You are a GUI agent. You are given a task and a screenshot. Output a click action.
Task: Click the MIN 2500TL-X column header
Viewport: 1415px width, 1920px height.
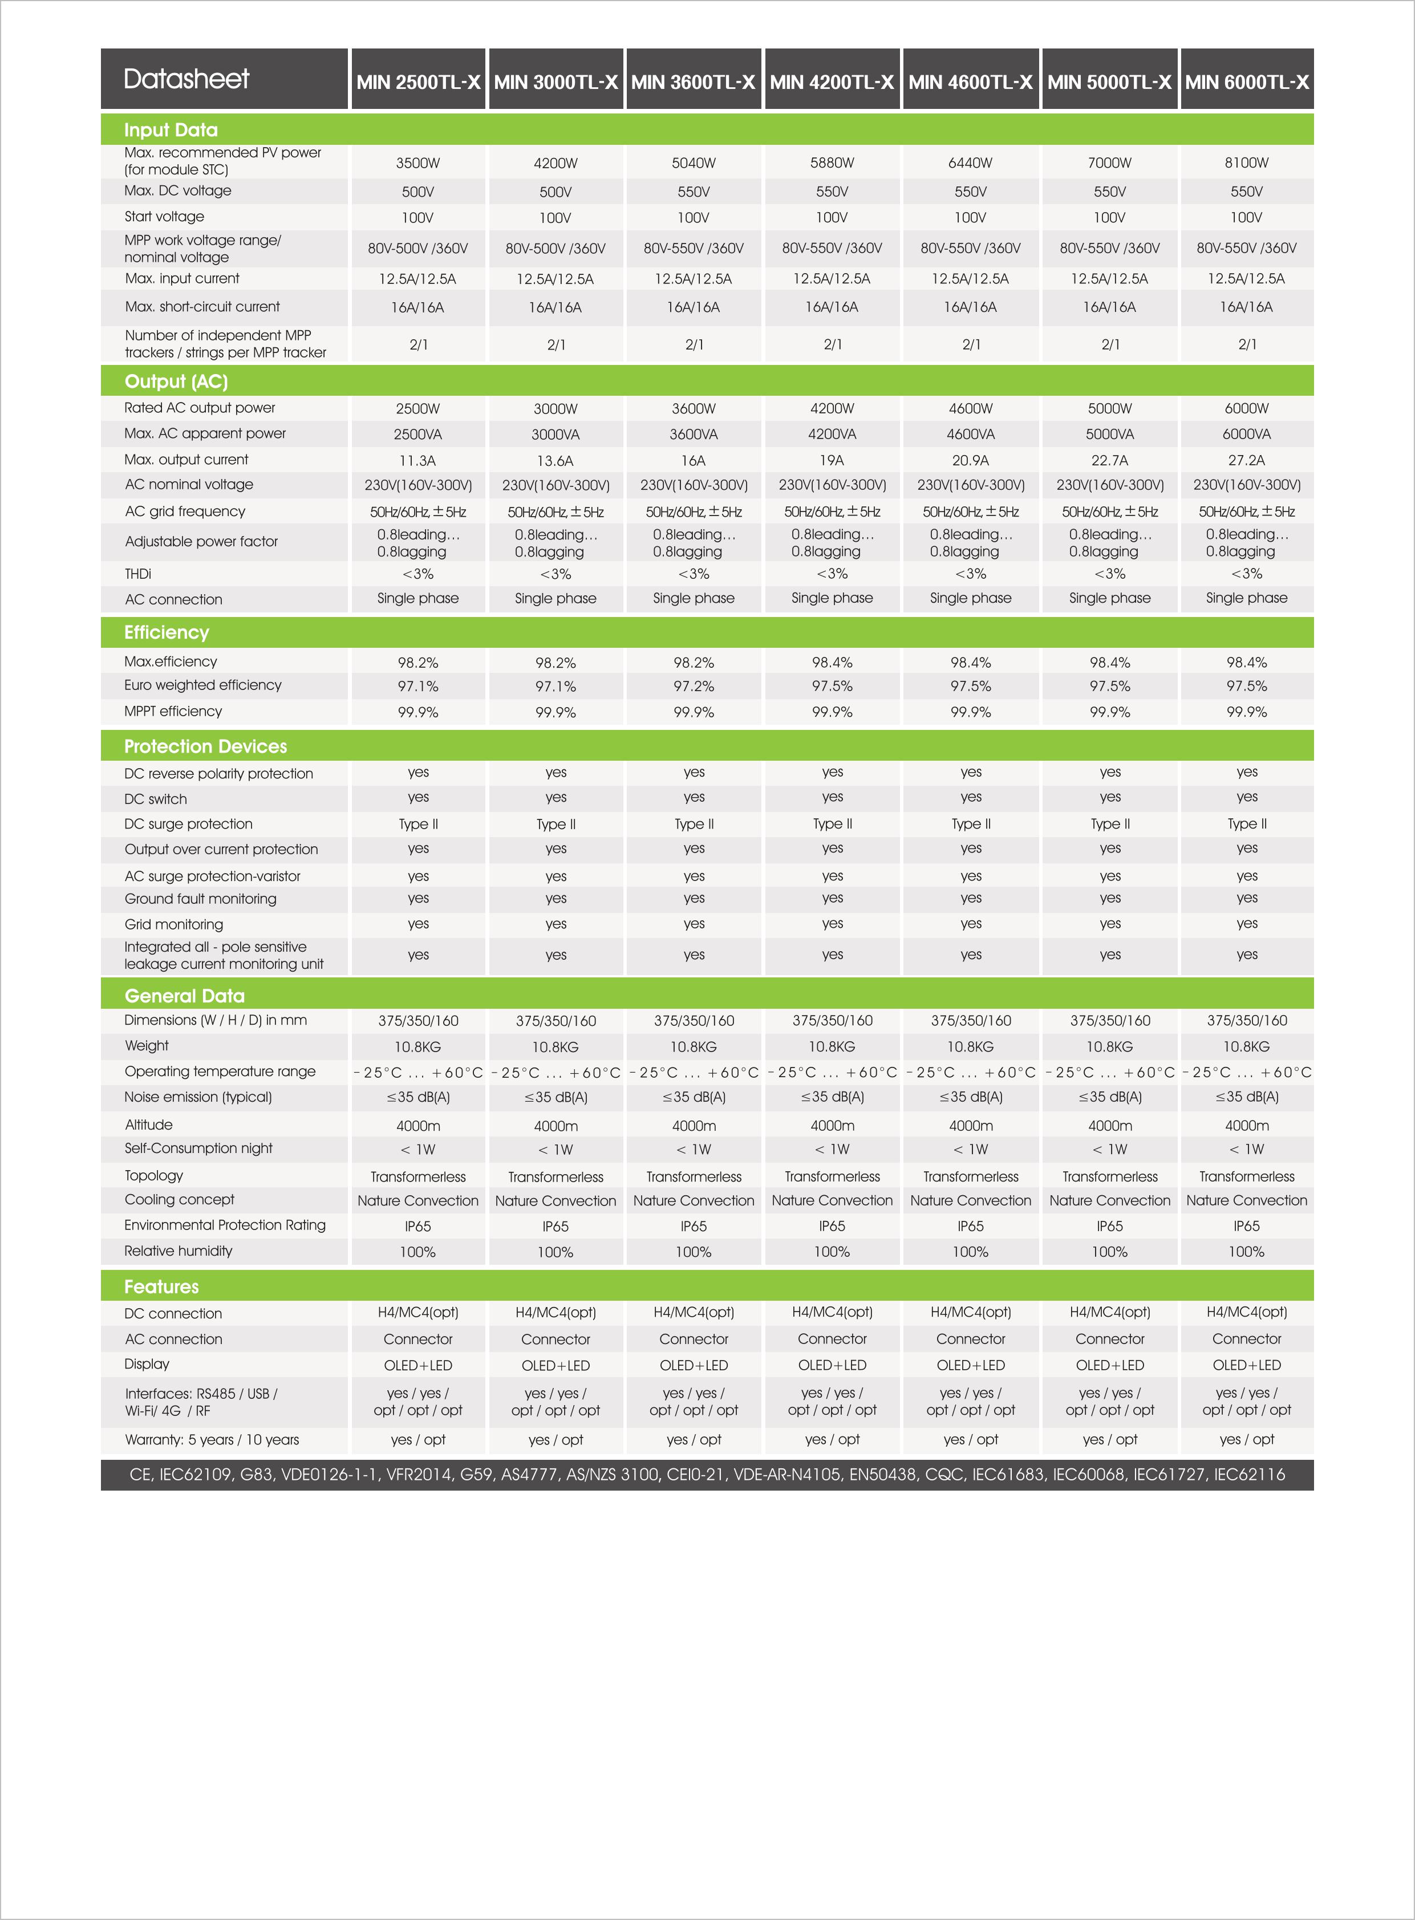pos(418,82)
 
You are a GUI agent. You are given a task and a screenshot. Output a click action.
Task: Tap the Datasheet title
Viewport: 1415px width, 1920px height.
pos(186,79)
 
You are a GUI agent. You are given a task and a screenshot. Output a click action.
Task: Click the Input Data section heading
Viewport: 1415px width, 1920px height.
pos(171,130)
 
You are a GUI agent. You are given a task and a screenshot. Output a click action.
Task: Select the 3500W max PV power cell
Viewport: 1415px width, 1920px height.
pos(418,163)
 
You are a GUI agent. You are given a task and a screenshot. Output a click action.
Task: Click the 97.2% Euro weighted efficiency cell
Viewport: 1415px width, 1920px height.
pos(694,687)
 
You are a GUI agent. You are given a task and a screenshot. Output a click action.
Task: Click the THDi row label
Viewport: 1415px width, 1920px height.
pos(138,574)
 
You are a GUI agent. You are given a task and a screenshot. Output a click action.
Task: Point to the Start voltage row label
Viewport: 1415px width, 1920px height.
pos(164,217)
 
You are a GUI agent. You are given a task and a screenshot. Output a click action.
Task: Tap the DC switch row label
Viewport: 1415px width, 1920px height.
pos(155,799)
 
